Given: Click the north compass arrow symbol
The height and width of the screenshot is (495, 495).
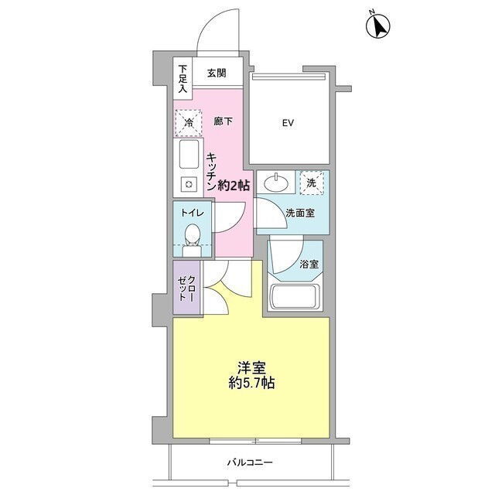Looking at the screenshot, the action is pos(378,26).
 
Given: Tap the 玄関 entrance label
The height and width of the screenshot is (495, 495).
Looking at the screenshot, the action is pos(217,73).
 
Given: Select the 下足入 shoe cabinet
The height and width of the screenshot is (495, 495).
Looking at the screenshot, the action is pos(183,79).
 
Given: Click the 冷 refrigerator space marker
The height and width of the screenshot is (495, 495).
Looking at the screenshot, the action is pos(189,123).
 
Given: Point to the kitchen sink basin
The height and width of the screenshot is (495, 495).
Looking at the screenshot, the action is pos(189,154).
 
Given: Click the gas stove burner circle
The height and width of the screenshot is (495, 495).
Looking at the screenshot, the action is pos(189,184).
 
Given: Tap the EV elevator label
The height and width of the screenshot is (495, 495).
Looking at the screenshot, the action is pos(288,123).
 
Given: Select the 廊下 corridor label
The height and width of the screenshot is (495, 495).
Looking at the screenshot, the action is pos(224,121).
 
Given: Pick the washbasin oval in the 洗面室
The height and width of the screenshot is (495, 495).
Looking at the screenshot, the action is pos(276,183).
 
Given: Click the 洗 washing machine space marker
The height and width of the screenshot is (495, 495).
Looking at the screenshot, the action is pos(312,183).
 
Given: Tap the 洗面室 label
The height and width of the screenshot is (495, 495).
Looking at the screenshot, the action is pos(300,213).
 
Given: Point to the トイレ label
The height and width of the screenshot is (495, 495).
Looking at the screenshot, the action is pos(193,213).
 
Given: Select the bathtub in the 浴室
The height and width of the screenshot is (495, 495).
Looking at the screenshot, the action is pos(295,297).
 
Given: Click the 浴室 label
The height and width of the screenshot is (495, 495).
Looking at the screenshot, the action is pos(309,265).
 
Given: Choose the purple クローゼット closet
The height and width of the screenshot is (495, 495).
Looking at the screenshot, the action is pos(186,288).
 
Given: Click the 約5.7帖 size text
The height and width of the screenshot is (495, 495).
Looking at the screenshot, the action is pos(251,383).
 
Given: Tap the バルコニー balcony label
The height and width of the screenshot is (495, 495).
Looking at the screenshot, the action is pos(250,463).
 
